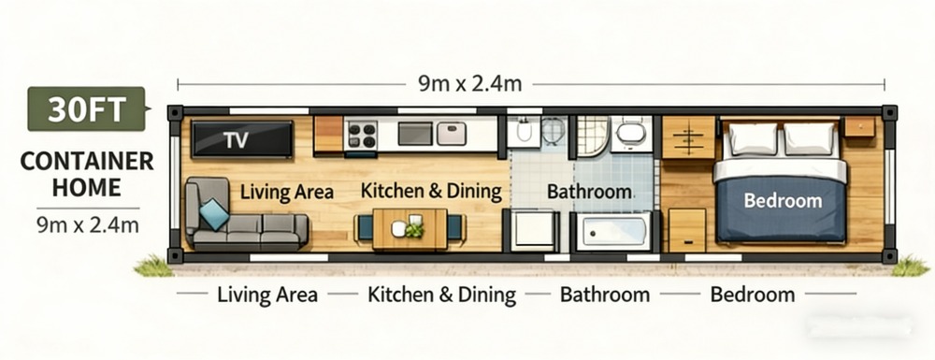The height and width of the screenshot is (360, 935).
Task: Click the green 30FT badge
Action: pyautogui.click(x=86, y=109)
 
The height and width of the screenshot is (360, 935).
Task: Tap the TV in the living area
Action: pyautogui.click(x=243, y=140)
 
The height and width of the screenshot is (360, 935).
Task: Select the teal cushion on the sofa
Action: pyautogui.click(x=214, y=214)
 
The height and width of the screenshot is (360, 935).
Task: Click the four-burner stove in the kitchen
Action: pyautogui.click(x=361, y=136)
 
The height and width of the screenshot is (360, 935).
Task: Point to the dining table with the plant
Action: pyautogui.click(x=410, y=228)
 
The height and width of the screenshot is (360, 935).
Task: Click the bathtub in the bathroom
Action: pyautogui.click(x=613, y=230)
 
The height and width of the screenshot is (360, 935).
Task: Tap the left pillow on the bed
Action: pyautogui.click(x=753, y=139)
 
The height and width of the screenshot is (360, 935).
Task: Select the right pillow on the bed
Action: pyautogui.click(x=810, y=139)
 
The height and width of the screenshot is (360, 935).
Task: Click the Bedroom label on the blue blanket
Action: pyautogui.click(x=783, y=200)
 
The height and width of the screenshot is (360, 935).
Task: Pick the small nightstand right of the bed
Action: pyautogui.click(x=859, y=127)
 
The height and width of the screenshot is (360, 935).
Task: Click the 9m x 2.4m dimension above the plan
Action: pyautogui.click(x=469, y=83)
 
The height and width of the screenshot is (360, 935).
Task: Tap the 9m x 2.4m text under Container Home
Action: pyautogui.click(x=87, y=224)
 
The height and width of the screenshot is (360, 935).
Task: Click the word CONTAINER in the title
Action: pyautogui.click(x=87, y=161)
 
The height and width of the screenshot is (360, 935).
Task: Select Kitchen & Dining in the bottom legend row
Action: pyautogui.click(x=441, y=295)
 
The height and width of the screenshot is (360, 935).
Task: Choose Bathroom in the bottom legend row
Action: pyautogui.click(x=604, y=295)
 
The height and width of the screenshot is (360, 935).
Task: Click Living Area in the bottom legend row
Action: pyautogui.click(x=267, y=295)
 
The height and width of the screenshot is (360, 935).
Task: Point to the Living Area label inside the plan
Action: pyautogui.click(x=287, y=192)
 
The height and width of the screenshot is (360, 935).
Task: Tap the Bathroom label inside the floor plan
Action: pyautogui.click(x=589, y=192)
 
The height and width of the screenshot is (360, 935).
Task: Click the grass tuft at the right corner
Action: pyautogui.click(x=909, y=266)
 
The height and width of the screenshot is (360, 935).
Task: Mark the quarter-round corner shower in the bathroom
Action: pyautogui.click(x=591, y=137)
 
